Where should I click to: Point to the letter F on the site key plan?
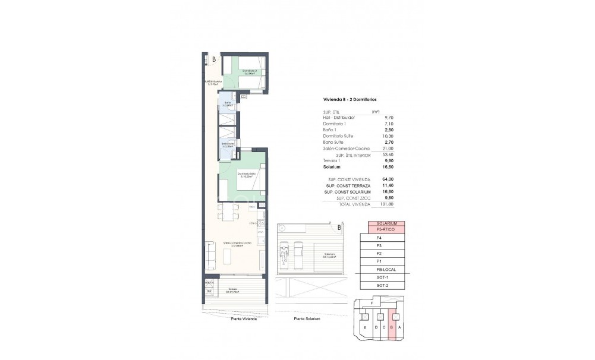pyautogui.click(x=372, y=304)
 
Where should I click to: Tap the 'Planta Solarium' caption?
pyautogui.click(x=307, y=319)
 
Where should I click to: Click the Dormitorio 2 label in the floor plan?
pyautogui.click(x=249, y=71)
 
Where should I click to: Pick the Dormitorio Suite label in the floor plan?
pyautogui.click(x=247, y=173)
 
